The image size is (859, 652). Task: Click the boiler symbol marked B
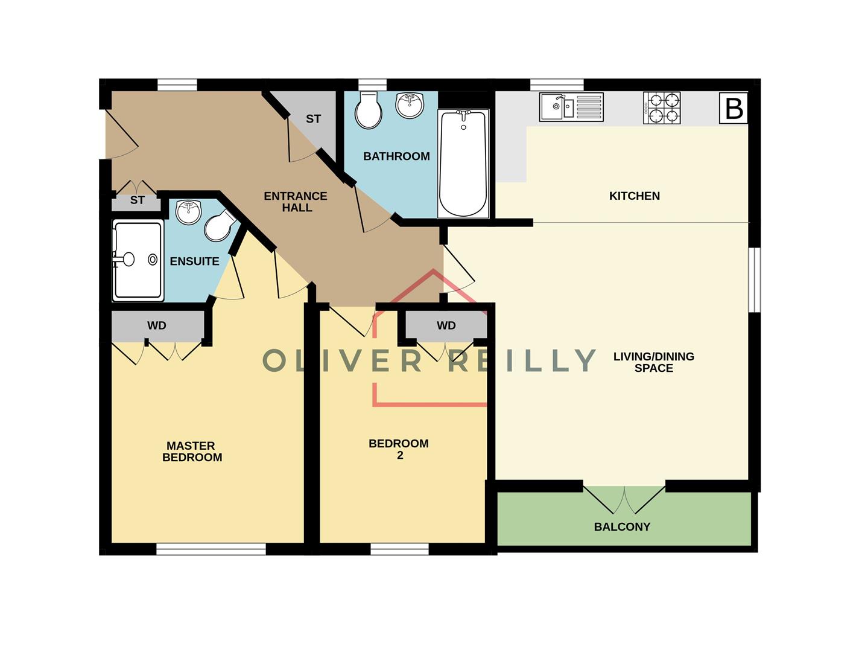(734, 109)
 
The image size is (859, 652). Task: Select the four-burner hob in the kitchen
(662, 108)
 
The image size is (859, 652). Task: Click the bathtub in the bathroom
(463, 164)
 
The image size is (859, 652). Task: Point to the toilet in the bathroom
(368, 110)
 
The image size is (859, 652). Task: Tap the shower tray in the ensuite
(138, 260)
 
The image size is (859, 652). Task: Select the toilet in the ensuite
(219, 226)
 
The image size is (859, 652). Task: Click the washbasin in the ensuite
(188, 212)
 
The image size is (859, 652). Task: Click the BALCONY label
(622, 526)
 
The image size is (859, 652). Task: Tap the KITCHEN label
(634, 196)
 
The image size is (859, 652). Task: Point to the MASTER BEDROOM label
(192, 452)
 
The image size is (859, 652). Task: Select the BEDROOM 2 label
(399, 449)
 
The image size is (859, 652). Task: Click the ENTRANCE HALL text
(296, 202)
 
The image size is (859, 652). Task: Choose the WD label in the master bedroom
(157, 325)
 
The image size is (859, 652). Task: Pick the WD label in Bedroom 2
(446, 325)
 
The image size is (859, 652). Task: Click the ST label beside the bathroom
(313, 119)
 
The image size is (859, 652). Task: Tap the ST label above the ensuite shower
(138, 200)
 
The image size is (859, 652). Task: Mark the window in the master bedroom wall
(211, 548)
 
